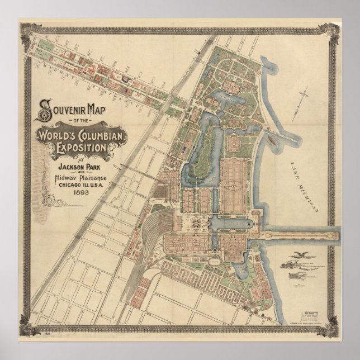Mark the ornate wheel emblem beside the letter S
click(43, 113)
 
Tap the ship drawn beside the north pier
click(272, 139)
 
